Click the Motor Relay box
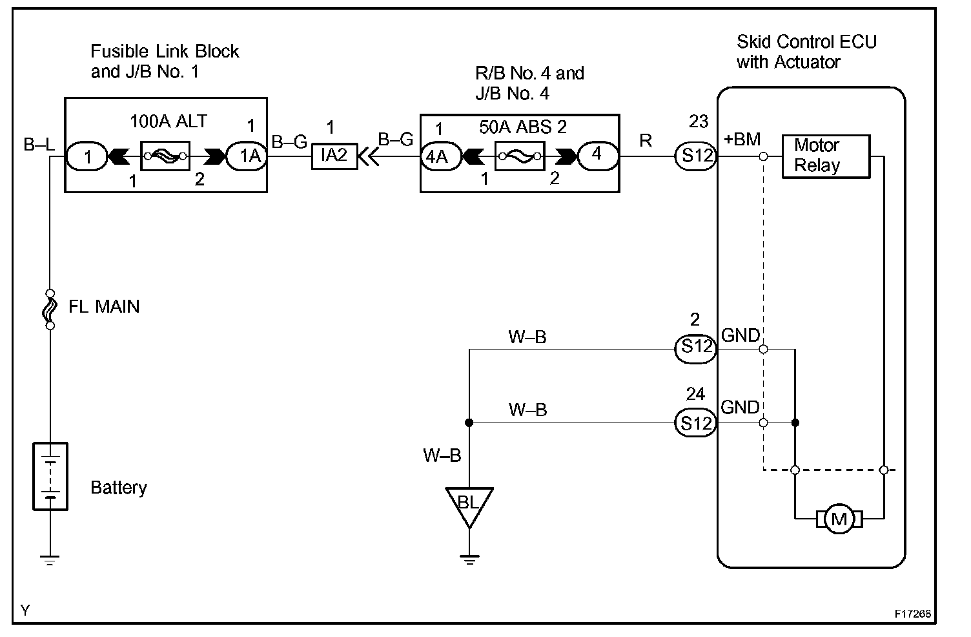click(x=826, y=156)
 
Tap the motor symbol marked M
click(x=839, y=519)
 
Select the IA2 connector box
click(x=334, y=156)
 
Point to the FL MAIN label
click(x=104, y=306)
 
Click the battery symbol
click(x=50, y=477)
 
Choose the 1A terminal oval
click(x=246, y=156)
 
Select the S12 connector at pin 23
click(x=695, y=156)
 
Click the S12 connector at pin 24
click(x=695, y=423)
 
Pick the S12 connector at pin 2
click(x=695, y=348)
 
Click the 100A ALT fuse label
click(x=169, y=121)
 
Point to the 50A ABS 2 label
click(x=523, y=127)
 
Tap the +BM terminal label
click(x=742, y=139)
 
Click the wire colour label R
click(x=646, y=140)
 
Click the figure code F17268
click(x=912, y=614)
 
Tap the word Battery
click(x=119, y=487)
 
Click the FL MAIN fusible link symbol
click(x=50, y=309)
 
